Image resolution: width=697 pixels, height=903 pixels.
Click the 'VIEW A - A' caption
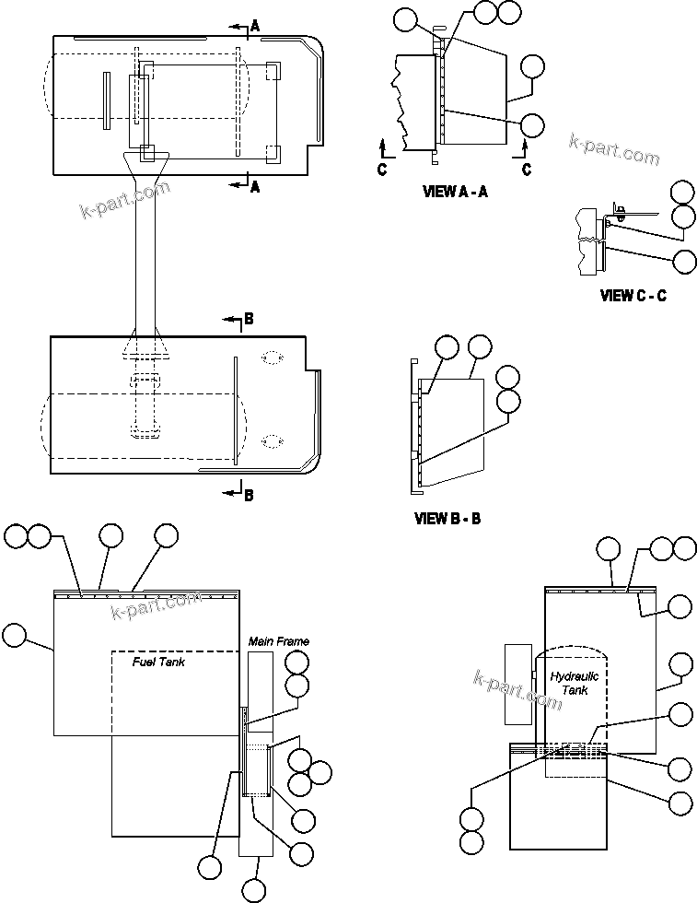[454, 192]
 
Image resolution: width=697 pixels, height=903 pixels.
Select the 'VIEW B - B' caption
[447, 519]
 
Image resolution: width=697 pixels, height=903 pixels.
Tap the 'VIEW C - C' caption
[633, 296]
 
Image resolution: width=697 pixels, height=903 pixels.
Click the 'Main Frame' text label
[279, 641]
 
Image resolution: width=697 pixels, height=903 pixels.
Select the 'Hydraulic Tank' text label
[575, 683]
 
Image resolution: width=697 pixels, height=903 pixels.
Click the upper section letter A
[255, 28]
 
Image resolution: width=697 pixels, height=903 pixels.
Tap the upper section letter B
[249, 321]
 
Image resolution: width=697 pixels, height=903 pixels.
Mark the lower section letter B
[249, 495]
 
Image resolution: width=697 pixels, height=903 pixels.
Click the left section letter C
[382, 169]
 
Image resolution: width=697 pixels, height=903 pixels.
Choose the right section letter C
[526, 169]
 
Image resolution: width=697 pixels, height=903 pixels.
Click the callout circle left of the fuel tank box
[16, 635]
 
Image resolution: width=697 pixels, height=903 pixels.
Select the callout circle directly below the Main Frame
[254, 890]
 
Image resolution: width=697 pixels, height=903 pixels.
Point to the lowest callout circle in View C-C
[684, 261]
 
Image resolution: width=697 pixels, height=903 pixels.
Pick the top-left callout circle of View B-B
[447, 346]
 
